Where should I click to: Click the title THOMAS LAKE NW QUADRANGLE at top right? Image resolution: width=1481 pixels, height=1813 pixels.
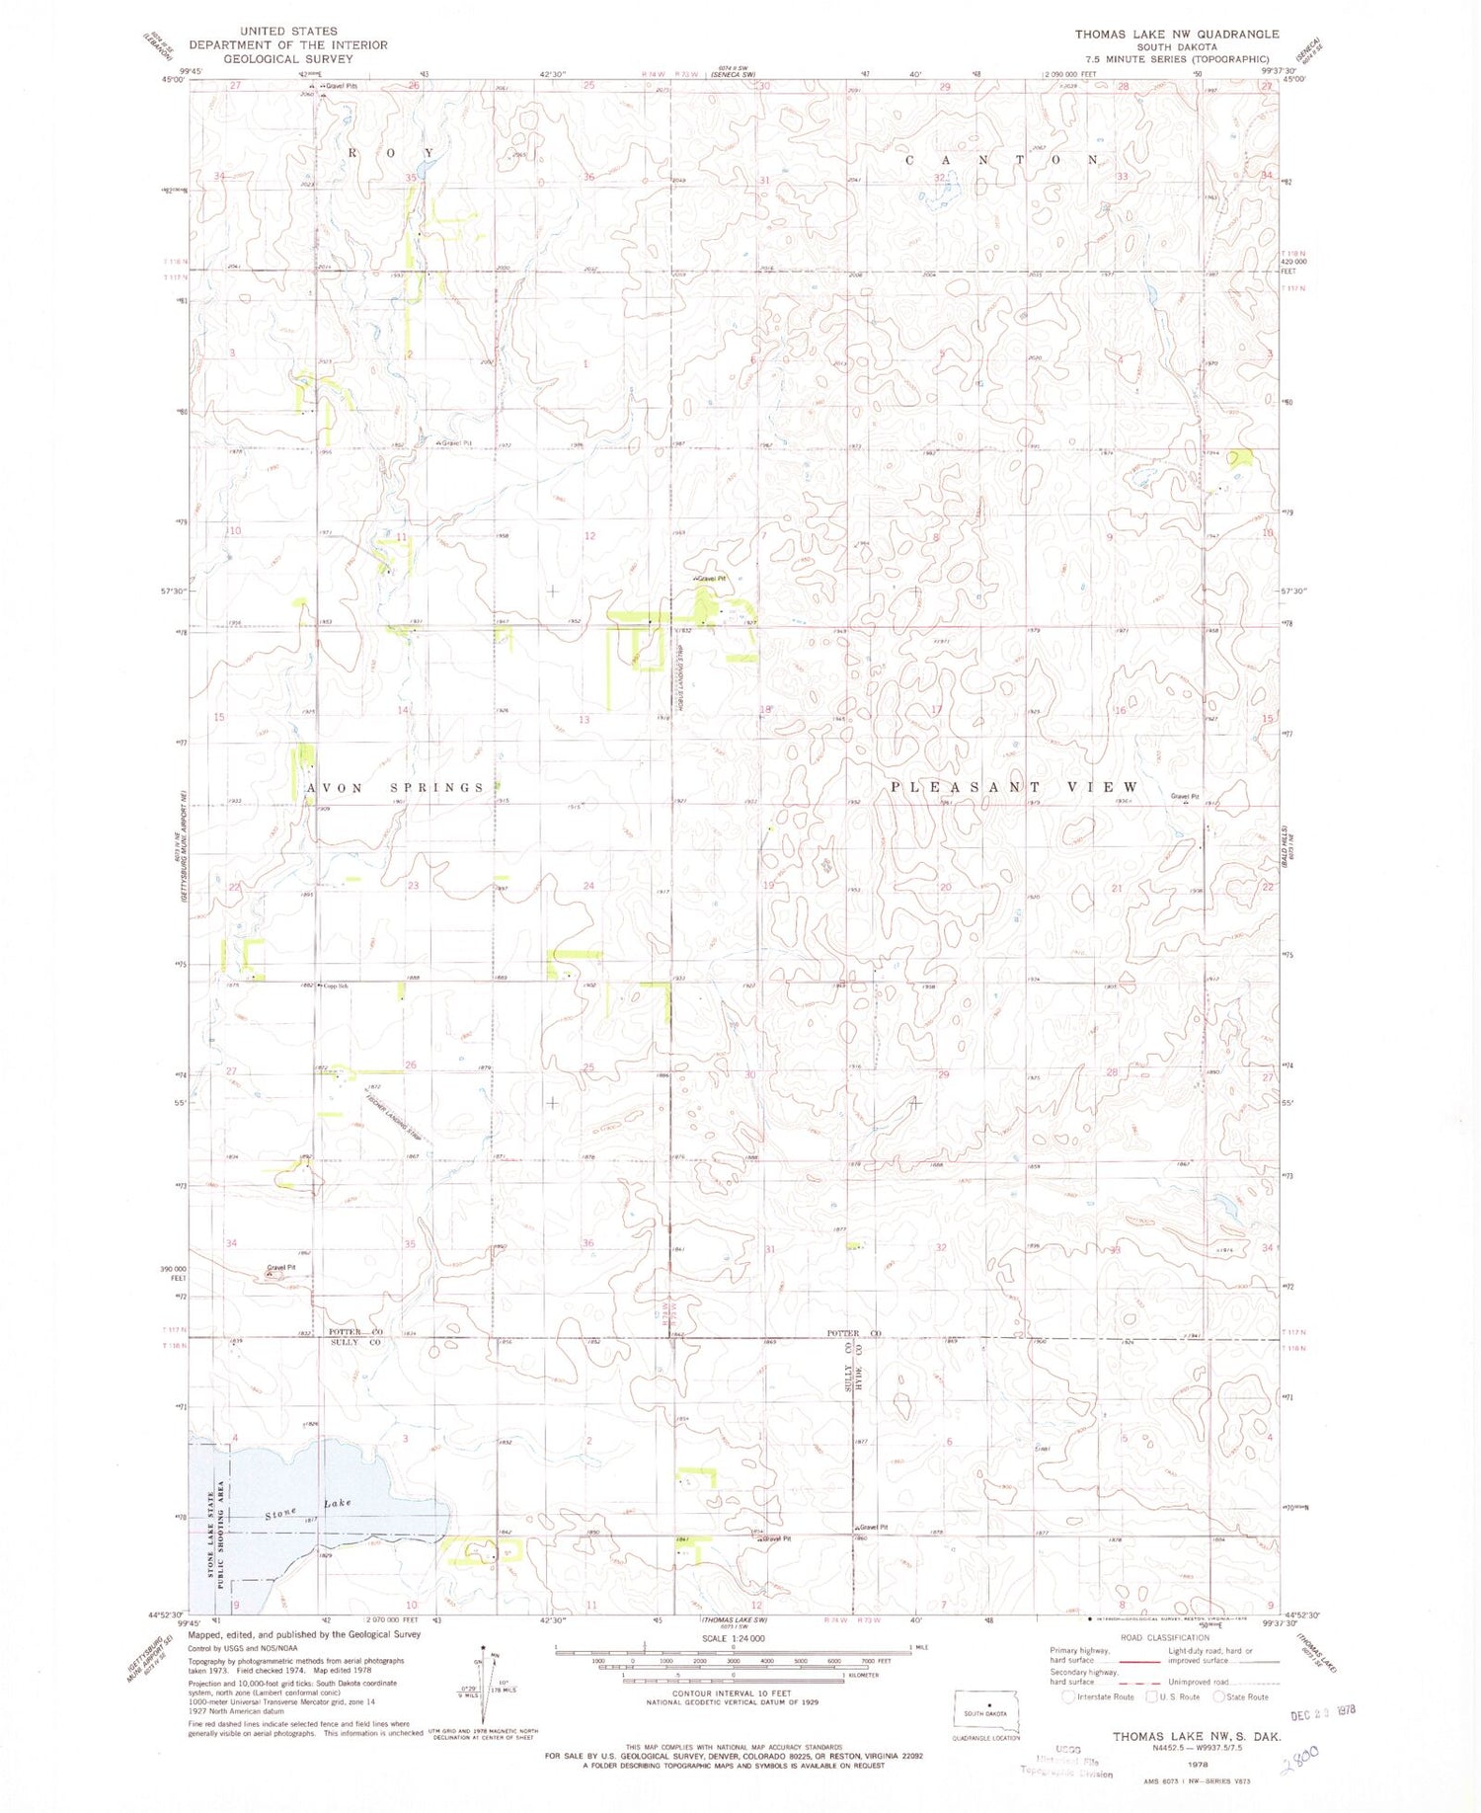click(x=1177, y=34)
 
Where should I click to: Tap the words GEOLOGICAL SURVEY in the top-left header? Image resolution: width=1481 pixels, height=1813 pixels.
click(x=287, y=58)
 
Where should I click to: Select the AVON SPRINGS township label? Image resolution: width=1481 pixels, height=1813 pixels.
click(x=395, y=787)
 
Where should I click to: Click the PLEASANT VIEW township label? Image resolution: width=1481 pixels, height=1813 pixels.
click(x=1014, y=787)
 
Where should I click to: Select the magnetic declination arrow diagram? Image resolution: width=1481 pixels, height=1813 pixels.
click(x=483, y=1684)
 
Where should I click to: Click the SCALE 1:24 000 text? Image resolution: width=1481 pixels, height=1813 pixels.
click(x=732, y=1638)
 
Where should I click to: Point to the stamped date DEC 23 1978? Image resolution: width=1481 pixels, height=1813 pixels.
click(x=1323, y=1714)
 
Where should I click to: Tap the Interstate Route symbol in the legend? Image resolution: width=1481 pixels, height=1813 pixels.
click(x=1067, y=1697)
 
